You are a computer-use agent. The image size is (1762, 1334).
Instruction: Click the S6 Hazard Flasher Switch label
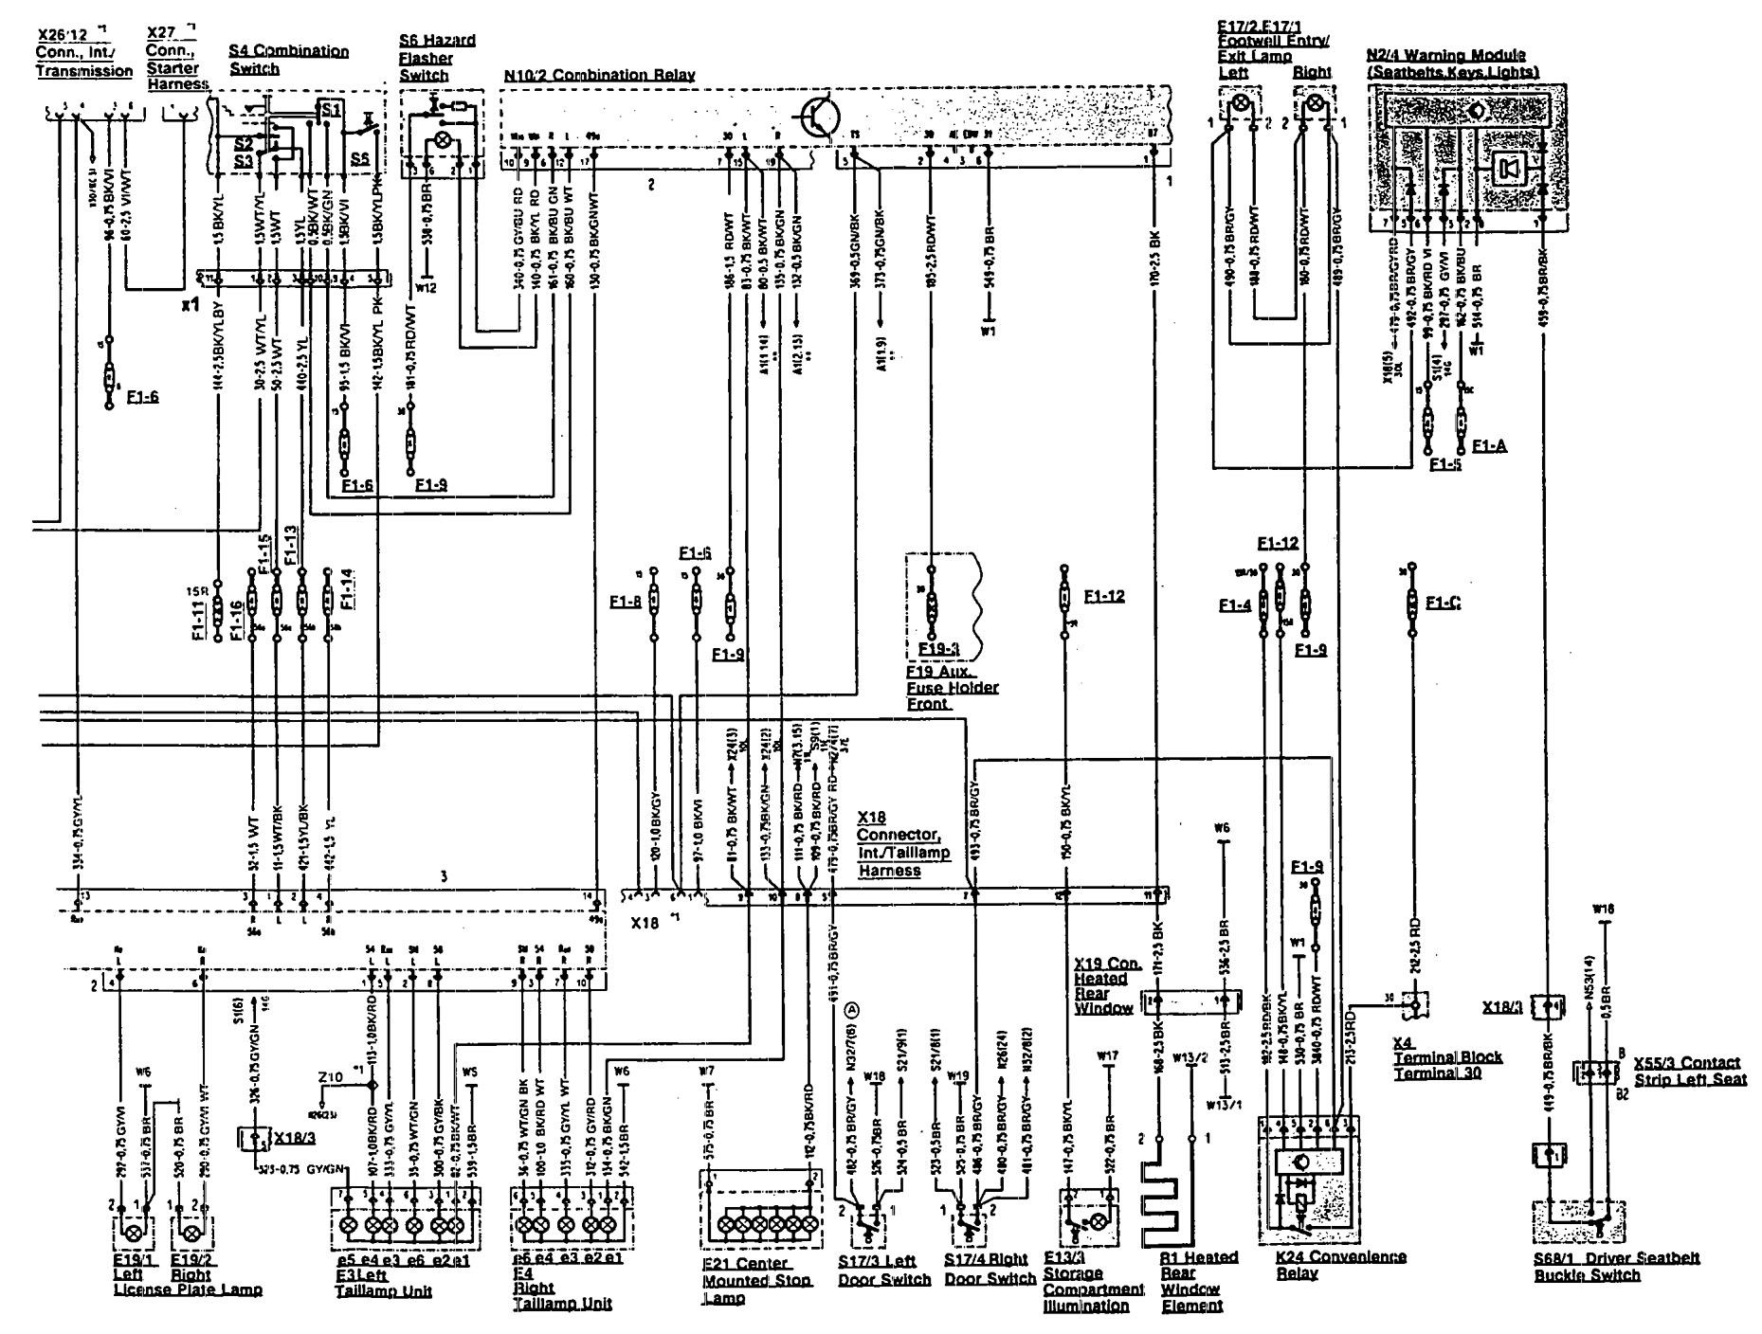tap(437, 57)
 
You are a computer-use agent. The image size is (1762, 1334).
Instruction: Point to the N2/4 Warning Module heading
tap(1453, 63)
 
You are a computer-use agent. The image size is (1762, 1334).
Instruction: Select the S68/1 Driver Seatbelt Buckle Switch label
tap(1617, 1266)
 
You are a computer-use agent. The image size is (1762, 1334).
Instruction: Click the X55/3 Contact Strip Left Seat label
tap(1690, 1071)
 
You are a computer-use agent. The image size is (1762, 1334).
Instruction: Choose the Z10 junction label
tap(330, 1077)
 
